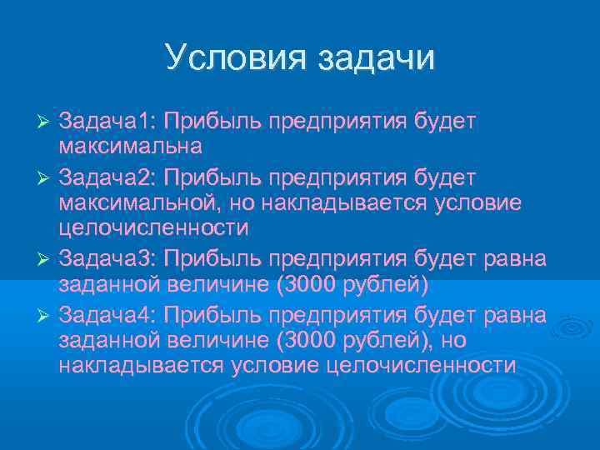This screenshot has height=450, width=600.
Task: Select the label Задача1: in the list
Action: tap(107, 122)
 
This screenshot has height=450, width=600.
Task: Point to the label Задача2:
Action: tap(107, 177)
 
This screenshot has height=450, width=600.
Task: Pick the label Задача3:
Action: tap(107, 258)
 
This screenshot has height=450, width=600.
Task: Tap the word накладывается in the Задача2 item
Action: tap(346, 203)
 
